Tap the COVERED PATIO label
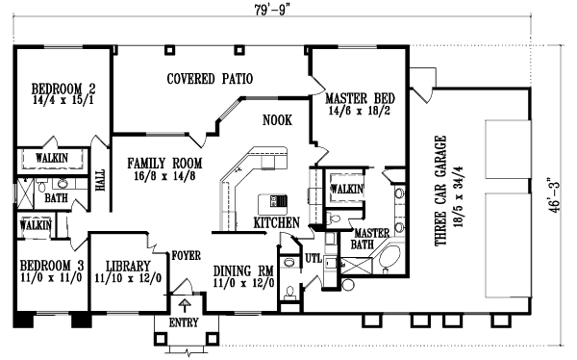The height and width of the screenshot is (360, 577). [x=209, y=79]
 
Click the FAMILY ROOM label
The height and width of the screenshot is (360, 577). [x=165, y=163]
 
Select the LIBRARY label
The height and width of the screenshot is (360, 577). [x=128, y=265]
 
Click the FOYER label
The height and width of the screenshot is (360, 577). [x=186, y=256]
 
